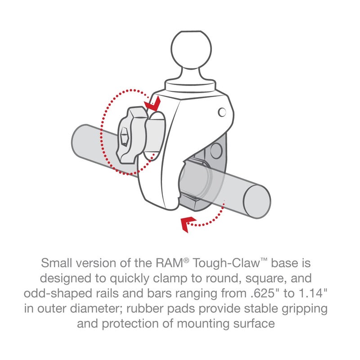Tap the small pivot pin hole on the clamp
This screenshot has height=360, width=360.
(x=221, y=111)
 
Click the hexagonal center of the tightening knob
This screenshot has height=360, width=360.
(x=124, y=134)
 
